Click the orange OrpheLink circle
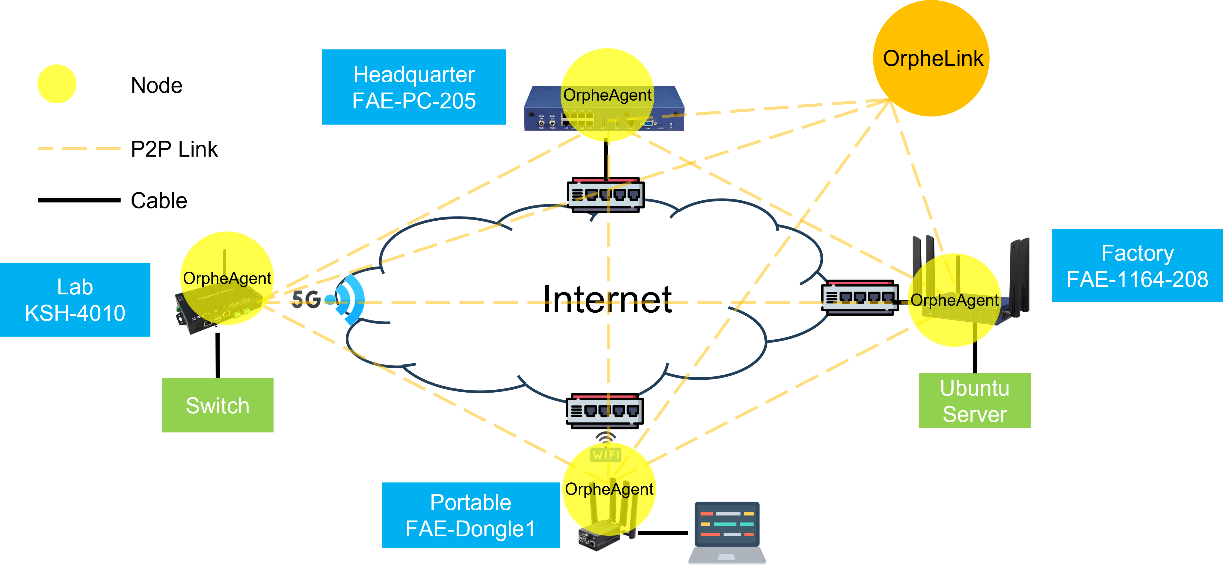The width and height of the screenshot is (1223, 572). tap(931, 58)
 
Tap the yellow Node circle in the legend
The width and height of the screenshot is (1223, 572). tap(57, 84)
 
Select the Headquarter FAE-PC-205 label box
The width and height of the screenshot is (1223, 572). tap(414, 87)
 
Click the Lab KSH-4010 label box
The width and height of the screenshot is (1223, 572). tap(75, 299)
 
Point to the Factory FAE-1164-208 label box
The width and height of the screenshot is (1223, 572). tap(1138, 266)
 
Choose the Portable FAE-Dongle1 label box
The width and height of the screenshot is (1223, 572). tap(470, 515)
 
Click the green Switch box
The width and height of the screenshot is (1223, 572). tap(218, 405)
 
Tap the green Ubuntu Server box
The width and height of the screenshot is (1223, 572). tap(975, 401)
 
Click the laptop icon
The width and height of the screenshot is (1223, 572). tap(727, 532)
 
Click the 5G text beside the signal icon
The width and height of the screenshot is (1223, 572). tap(306, 299)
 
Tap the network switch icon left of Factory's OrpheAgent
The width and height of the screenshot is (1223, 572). tap(860, 298)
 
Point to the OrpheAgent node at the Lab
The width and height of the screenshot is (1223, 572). tap(227, 278)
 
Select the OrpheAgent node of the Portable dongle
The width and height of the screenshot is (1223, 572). tap(609, 489)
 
